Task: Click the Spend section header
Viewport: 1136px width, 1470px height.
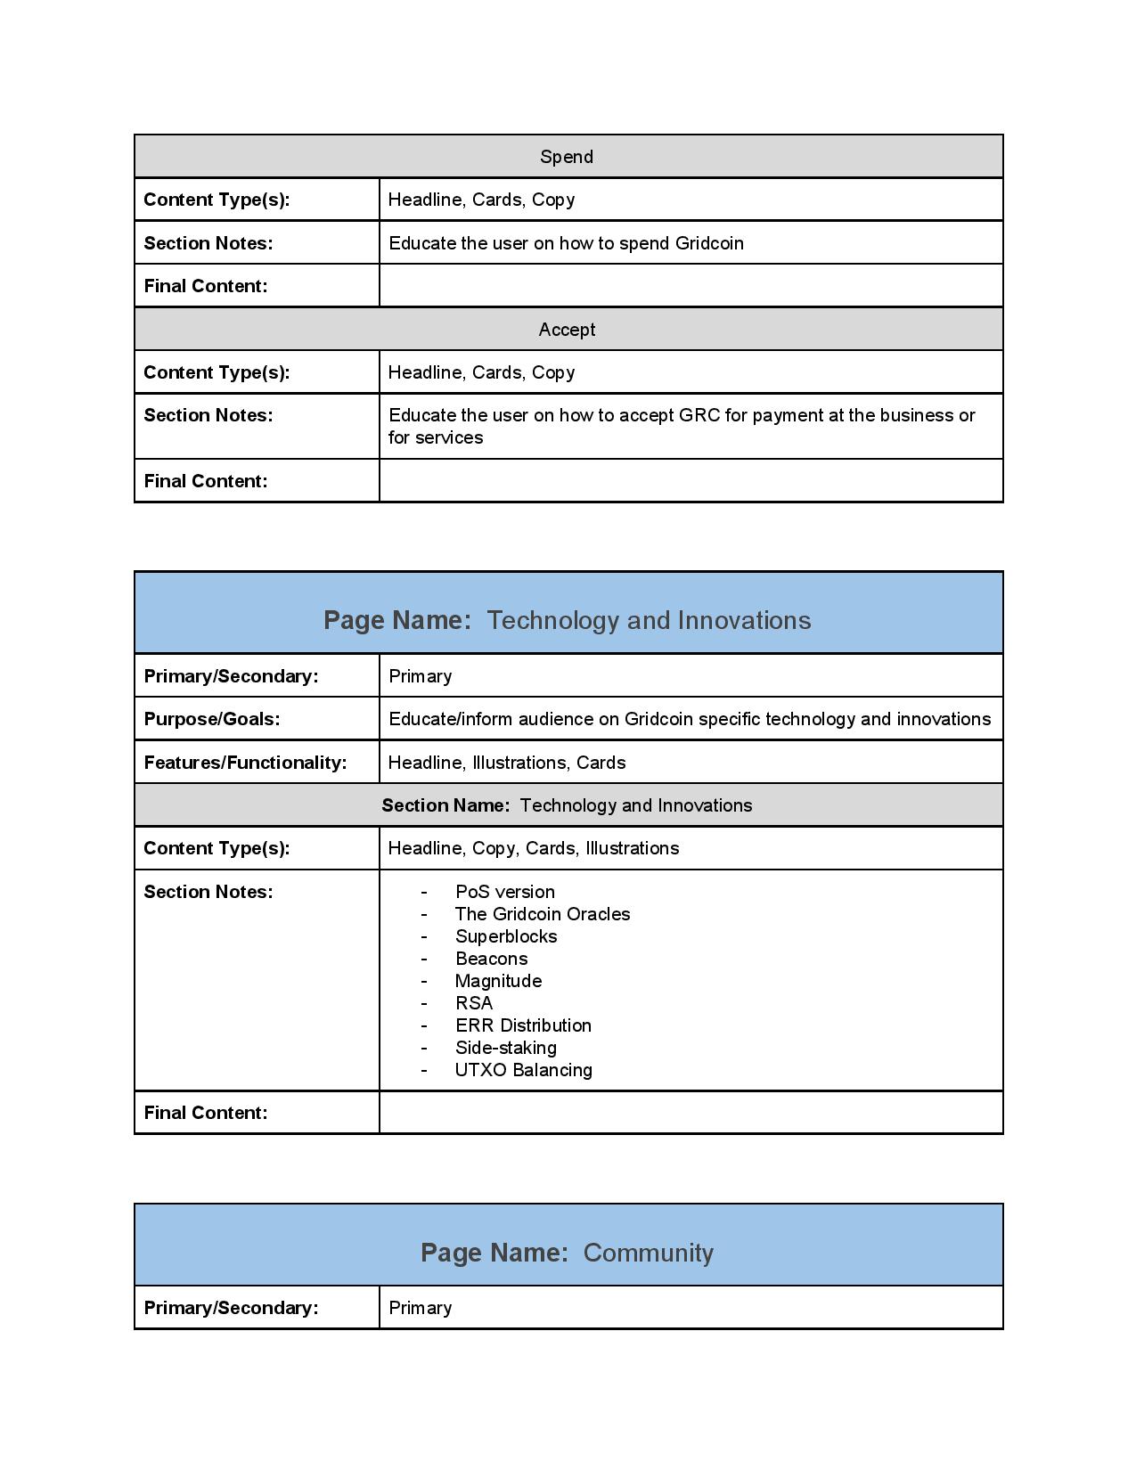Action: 567,157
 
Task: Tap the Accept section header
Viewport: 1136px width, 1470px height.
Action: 567,330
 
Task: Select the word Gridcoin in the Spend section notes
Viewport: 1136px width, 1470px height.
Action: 708,243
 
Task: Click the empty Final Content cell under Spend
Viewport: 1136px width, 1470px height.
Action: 691,286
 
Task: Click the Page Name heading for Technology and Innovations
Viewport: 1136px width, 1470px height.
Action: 567,620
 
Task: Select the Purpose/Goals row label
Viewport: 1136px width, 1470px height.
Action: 212,719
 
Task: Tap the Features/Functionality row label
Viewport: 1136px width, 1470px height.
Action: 245,763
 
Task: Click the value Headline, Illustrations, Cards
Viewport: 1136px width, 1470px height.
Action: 507,763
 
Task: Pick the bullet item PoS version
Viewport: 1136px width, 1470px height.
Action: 504,892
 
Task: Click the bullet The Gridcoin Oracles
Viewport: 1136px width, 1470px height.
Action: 542,914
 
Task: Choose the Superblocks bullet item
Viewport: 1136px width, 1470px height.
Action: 506,936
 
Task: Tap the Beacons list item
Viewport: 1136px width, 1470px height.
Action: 491,959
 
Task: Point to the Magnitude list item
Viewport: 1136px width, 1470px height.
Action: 498,981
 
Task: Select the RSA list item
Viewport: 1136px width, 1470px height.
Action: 473,1003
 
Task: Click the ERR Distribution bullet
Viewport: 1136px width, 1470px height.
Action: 523,1025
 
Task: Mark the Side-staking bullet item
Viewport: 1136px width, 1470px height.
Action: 505,1048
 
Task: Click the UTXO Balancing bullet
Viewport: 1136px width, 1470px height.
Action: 523,1070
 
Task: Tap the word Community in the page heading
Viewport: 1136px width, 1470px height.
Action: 648,1253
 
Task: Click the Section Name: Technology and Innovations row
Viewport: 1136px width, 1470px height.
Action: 567,805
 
